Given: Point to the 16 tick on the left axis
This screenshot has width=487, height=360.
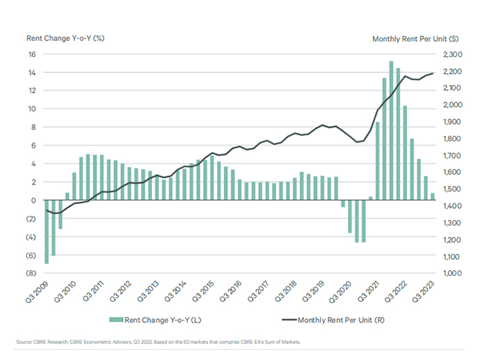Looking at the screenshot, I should [33, 54].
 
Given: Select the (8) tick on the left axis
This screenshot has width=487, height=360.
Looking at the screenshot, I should [31, 274].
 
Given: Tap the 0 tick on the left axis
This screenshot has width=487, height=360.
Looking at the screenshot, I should [35, 201].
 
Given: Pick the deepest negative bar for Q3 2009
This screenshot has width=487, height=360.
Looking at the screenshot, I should [47, 232].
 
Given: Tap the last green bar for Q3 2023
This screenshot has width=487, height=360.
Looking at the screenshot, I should [432, 196].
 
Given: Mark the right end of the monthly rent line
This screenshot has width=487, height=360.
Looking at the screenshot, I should [433, 73].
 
